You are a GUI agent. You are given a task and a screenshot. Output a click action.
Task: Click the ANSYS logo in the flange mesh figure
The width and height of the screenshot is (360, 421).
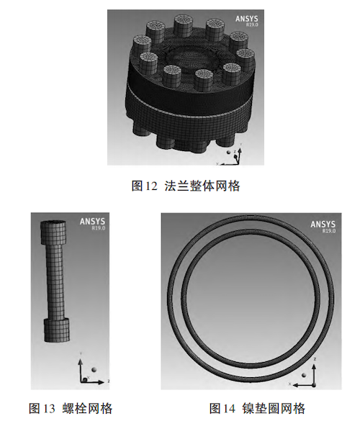point(247,19)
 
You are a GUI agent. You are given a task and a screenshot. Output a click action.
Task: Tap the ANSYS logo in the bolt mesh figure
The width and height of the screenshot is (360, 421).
point(92,222)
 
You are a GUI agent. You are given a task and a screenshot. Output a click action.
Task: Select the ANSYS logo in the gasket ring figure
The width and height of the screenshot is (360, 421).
point(323,225)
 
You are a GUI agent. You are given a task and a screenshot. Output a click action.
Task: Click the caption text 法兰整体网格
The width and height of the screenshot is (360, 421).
point(202,186)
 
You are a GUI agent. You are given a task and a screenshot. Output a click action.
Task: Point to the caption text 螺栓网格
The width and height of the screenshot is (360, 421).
point(87,408)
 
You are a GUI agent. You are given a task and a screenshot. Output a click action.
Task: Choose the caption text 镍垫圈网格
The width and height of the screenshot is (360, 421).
point(274,408)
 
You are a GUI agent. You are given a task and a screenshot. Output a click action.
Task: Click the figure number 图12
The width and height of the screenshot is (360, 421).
point(144,186)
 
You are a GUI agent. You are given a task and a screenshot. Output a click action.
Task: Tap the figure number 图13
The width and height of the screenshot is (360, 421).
point(42,408)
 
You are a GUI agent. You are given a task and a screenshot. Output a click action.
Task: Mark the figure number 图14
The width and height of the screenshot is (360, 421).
point(222,408)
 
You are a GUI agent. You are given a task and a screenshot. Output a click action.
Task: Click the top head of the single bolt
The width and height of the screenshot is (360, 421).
point(53,232)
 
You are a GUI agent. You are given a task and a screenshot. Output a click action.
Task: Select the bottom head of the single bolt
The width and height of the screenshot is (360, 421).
point(57,330)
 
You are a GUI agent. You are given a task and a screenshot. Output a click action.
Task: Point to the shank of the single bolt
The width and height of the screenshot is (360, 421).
point(55,281)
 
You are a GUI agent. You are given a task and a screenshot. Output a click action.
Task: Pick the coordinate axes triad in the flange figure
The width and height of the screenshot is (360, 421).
point(230,155)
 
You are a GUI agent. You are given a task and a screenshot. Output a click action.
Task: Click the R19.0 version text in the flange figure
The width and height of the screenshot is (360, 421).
point(252,24)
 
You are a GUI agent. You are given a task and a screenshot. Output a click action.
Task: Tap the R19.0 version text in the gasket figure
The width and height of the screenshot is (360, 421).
point(329,230)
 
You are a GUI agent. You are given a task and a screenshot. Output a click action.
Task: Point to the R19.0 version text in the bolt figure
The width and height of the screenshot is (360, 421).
point(99,228)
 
